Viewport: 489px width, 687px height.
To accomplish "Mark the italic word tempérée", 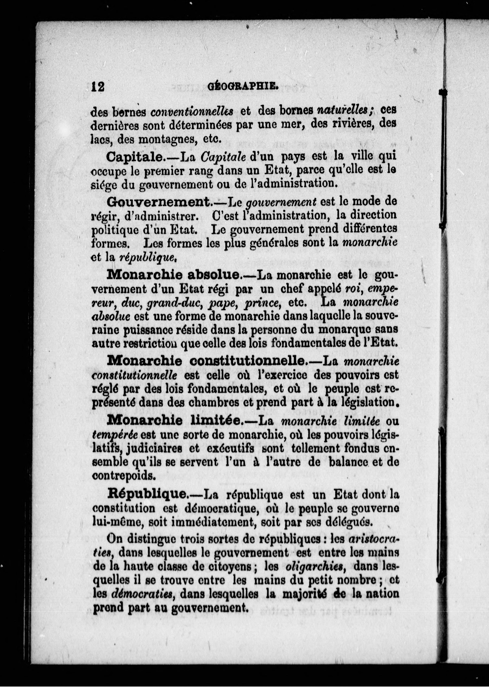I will click(x=115, y=435).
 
